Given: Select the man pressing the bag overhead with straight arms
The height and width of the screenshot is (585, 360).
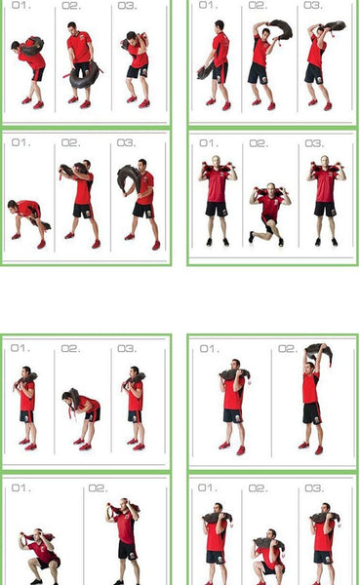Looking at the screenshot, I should pyautogui.click(x=311, y=400).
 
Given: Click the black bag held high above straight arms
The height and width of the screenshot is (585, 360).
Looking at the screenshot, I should pyautogui.click(x=318, y=352).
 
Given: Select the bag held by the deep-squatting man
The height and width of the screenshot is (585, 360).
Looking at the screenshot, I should pyautogui.click(x=41, y=537).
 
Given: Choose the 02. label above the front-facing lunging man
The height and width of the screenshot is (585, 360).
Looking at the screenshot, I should pyautogui.click(x=258, y=143).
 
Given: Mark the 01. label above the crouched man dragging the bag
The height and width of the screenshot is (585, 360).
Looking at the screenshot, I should pyautogui.click(x=20, y=143).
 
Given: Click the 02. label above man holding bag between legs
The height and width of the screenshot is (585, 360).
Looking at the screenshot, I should pyautogui.click(x=71, y=6).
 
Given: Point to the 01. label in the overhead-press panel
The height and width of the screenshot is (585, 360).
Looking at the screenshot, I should pyautogui.click(x=208, y=348).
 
